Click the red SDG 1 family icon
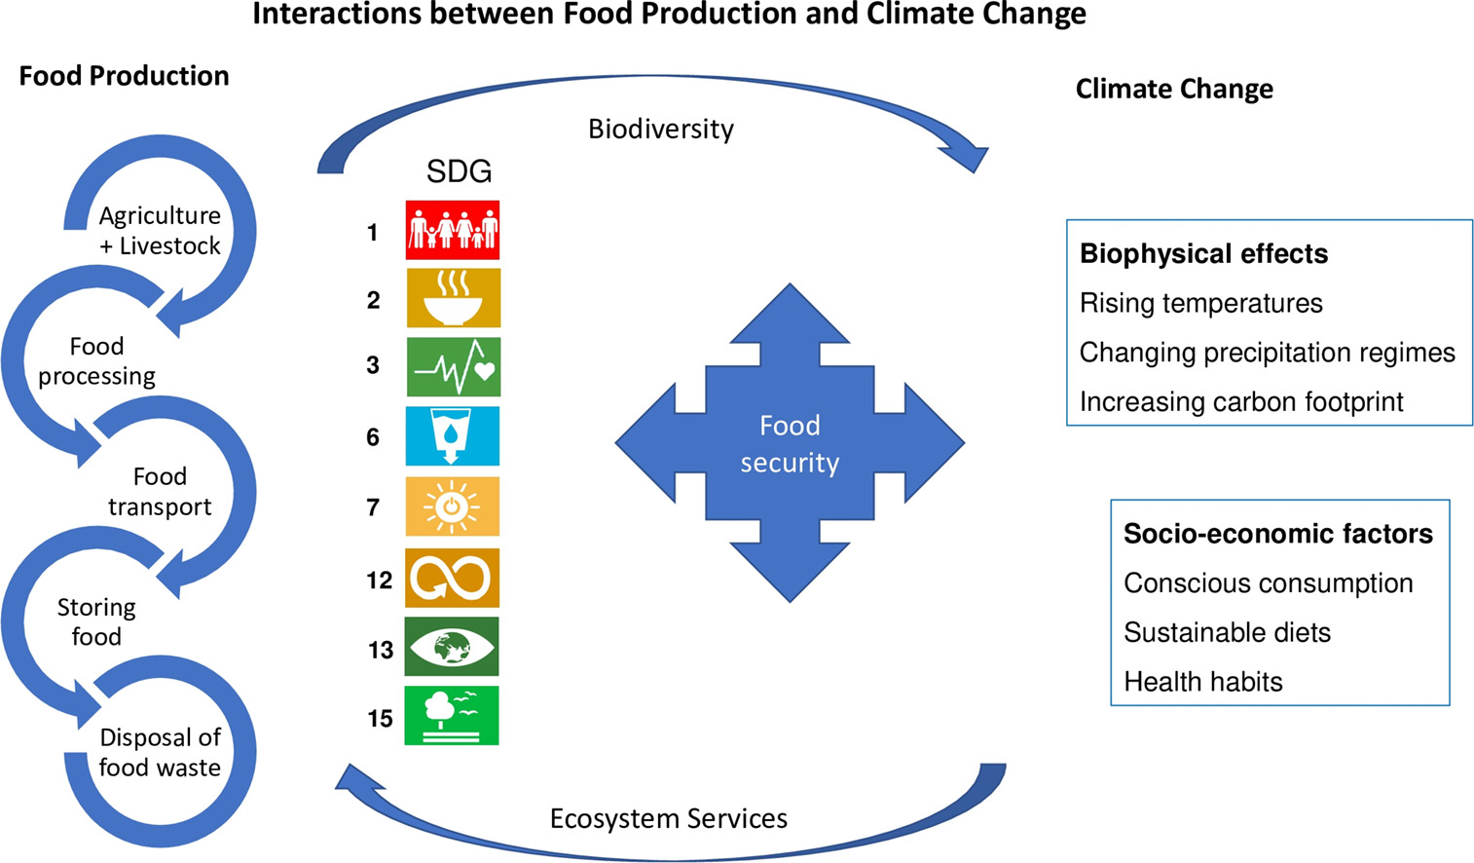tap(453, 230)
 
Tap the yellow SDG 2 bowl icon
tap(453, 298)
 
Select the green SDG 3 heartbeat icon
tap(453, 367)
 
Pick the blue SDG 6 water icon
tap(452, 436)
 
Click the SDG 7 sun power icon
tap(452, 507)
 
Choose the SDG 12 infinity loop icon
tap(452, 578)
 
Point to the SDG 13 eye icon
tap(452, 647)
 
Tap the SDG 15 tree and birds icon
tap(452, 716)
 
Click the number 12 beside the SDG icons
tap(379, 581)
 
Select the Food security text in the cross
tap(790, 443)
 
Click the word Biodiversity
tap(661, 130)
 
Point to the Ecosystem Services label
tap(669, 818)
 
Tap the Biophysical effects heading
tap(1203, 254)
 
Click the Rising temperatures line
tap(1200, 303)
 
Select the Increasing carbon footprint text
tap(1241, 401)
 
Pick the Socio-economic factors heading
tap(1277, 534)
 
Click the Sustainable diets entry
tap(1227, 632)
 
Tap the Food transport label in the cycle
tap(160, 491)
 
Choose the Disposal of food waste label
tap(160, 752)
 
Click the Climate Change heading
tap(1174, 90)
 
